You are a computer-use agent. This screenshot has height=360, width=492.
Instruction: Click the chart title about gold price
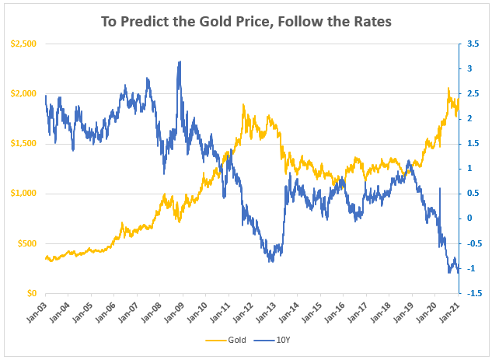[x=246, y=21]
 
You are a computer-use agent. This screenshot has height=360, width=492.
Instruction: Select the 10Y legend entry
[x=277, y=341]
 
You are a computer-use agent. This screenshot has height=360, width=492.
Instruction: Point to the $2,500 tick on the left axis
[x=23, y=44]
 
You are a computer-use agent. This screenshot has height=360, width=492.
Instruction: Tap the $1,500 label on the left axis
[x=23, y=144]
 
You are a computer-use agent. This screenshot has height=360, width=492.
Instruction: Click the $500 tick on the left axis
[x=26, y=243]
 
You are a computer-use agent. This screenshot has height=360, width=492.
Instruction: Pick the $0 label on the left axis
[x=32, y=293]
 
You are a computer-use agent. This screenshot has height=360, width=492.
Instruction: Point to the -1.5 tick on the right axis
[x=469, y=293]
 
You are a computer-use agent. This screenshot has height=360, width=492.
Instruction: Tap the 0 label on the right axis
[x=467, y=218]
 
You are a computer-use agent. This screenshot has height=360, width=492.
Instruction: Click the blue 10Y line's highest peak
[x=180, y=61]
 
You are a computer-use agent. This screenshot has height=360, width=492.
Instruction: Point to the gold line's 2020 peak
[x=448, y=89]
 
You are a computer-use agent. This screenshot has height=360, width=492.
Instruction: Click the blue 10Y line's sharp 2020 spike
[x=440, y=188]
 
